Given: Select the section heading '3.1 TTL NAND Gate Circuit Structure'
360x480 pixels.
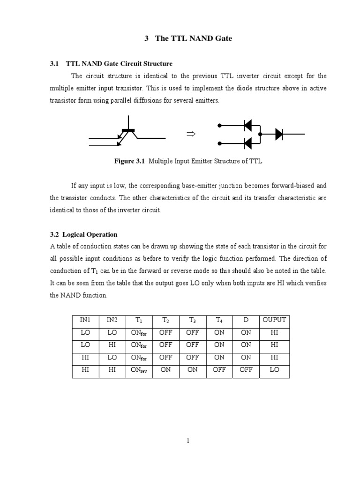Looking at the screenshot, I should (111, 63).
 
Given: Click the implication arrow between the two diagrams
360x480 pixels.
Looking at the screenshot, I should (190, 134).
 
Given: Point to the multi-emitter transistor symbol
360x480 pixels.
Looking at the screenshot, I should (127, 134).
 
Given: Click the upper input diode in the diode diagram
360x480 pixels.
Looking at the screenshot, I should (248, 125).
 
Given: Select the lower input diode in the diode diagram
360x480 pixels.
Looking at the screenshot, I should (248, 142).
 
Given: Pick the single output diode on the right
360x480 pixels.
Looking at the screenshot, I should (279, 134).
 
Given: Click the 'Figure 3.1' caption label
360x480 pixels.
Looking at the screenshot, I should (130, 161).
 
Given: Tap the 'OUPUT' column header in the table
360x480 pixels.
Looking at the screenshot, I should (274, 320).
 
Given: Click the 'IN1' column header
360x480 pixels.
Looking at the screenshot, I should (85, 320).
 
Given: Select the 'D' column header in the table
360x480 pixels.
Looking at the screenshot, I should (246, 320).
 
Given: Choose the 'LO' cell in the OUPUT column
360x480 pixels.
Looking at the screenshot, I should (274, 370).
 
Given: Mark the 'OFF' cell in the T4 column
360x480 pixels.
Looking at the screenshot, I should (219, 370).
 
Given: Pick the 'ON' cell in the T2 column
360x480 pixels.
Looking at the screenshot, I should (165, 370).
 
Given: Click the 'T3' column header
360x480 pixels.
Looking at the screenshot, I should (192, 320).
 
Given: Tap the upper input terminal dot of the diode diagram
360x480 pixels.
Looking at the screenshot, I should (219, 126).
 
